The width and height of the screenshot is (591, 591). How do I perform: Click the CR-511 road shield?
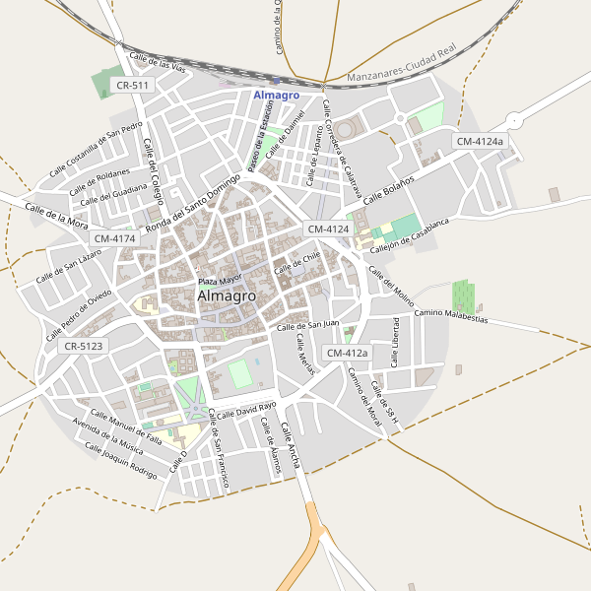click(x=132, y=86)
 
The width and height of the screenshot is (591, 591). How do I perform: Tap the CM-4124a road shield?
click(x=480, y=142)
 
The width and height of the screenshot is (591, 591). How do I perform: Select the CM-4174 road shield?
click(x=116, y=238)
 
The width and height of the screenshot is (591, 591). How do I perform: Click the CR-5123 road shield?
click(x=83, y=347)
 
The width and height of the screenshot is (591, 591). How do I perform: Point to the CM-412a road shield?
click(x=346, y=353)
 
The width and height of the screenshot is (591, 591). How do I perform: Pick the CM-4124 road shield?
click(x=329, y=229)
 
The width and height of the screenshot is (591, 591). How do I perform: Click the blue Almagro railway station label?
click(x=276, y=96)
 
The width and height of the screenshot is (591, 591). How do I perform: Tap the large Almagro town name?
click(x=227, y=295)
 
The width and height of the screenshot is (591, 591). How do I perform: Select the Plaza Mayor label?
click(x=220, y=281)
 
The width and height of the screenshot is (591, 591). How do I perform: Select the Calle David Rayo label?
click(x=246, y=410)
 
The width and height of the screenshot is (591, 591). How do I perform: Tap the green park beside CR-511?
click(x=102, y=83)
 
